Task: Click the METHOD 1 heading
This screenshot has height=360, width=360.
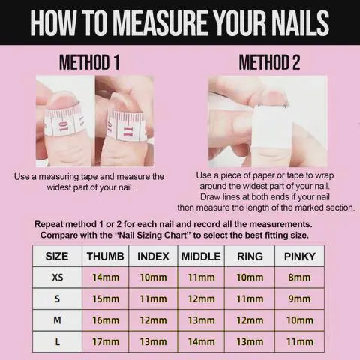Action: click(x=89, y=62)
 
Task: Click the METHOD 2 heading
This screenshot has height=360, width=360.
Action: click(x=269, y=62)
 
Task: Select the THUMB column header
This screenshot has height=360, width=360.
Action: click(x=106, y=256)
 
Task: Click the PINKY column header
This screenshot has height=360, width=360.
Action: click(x=300, y=256)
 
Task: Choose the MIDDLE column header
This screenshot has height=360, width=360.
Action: click(x=201, y=256)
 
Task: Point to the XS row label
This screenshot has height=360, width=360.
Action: click(x=58, y=277)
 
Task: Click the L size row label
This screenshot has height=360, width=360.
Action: click(x=58, y=342)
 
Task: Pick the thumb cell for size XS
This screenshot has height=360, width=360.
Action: click(x=106, y=277)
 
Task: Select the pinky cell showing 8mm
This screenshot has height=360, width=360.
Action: click(x=299, y=277)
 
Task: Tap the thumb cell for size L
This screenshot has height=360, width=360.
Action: click(x=106, y=342)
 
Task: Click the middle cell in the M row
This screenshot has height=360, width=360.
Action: click(x=201, y=320)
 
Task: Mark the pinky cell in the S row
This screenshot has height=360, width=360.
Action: click(x=299, y=298)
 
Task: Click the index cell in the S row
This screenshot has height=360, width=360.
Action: click(x=153, y=298)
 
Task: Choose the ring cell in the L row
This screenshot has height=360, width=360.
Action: click(x=250, y=342)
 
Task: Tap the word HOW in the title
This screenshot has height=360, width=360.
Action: click(x=53, y=23)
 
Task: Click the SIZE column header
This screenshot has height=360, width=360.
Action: click(x=57, y=256)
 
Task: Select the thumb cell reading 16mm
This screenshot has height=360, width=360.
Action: click(x=106, y=320)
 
